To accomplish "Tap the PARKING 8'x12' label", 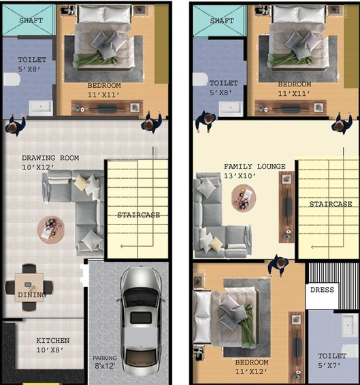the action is [105, 362].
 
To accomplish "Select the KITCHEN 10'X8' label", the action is [53, 345].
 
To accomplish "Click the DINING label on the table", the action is [32, 295].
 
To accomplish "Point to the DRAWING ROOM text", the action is [50, 158].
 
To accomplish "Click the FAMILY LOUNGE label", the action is [255, 166].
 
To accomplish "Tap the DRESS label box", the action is [322, 290].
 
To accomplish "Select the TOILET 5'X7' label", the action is [332, 361].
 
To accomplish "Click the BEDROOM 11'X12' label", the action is [252, 367].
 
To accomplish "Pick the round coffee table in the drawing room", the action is [51, 230].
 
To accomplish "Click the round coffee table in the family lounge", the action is [244, 198].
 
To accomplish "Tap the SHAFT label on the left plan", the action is [31, 20].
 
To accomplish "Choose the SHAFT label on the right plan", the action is [222, 21].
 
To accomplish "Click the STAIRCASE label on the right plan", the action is [331, 204].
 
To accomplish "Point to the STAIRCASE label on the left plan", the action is [139, 215].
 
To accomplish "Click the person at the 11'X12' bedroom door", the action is [278, 265].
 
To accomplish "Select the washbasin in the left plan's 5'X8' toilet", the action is [41, 107].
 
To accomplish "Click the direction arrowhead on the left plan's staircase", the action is [122, 246].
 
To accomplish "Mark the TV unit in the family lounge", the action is [287, 207].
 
